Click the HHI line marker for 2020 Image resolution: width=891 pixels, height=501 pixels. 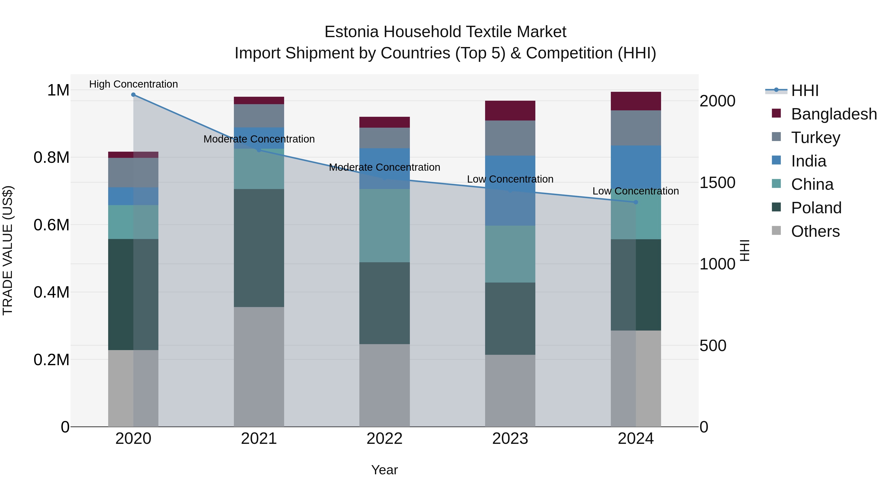(133, 95)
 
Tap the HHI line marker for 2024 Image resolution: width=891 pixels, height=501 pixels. (636, 202)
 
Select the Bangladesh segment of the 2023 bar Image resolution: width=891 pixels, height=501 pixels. (510, 111)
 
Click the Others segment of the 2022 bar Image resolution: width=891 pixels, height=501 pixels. (385, 385)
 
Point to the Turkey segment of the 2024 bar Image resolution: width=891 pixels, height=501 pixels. (636, 128)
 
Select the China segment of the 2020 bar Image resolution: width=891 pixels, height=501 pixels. (133, 222)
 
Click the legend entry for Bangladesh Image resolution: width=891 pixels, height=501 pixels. (834, 114)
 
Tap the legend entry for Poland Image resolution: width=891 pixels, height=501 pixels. (816, 208)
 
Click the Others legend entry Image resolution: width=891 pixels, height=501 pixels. (815, 231)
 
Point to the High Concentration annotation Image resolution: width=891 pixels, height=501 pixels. (133, 84)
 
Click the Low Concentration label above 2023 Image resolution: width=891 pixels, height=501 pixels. (510, 179)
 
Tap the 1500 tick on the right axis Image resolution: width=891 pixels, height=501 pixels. (717, 183)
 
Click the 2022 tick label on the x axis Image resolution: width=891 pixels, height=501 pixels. (385, 439)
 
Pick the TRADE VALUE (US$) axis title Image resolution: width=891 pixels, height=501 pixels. (8, 250)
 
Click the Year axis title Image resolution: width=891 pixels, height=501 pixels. (385, 470)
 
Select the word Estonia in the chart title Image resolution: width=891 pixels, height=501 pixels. (351, 32)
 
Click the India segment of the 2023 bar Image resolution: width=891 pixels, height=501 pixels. (510, 191)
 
